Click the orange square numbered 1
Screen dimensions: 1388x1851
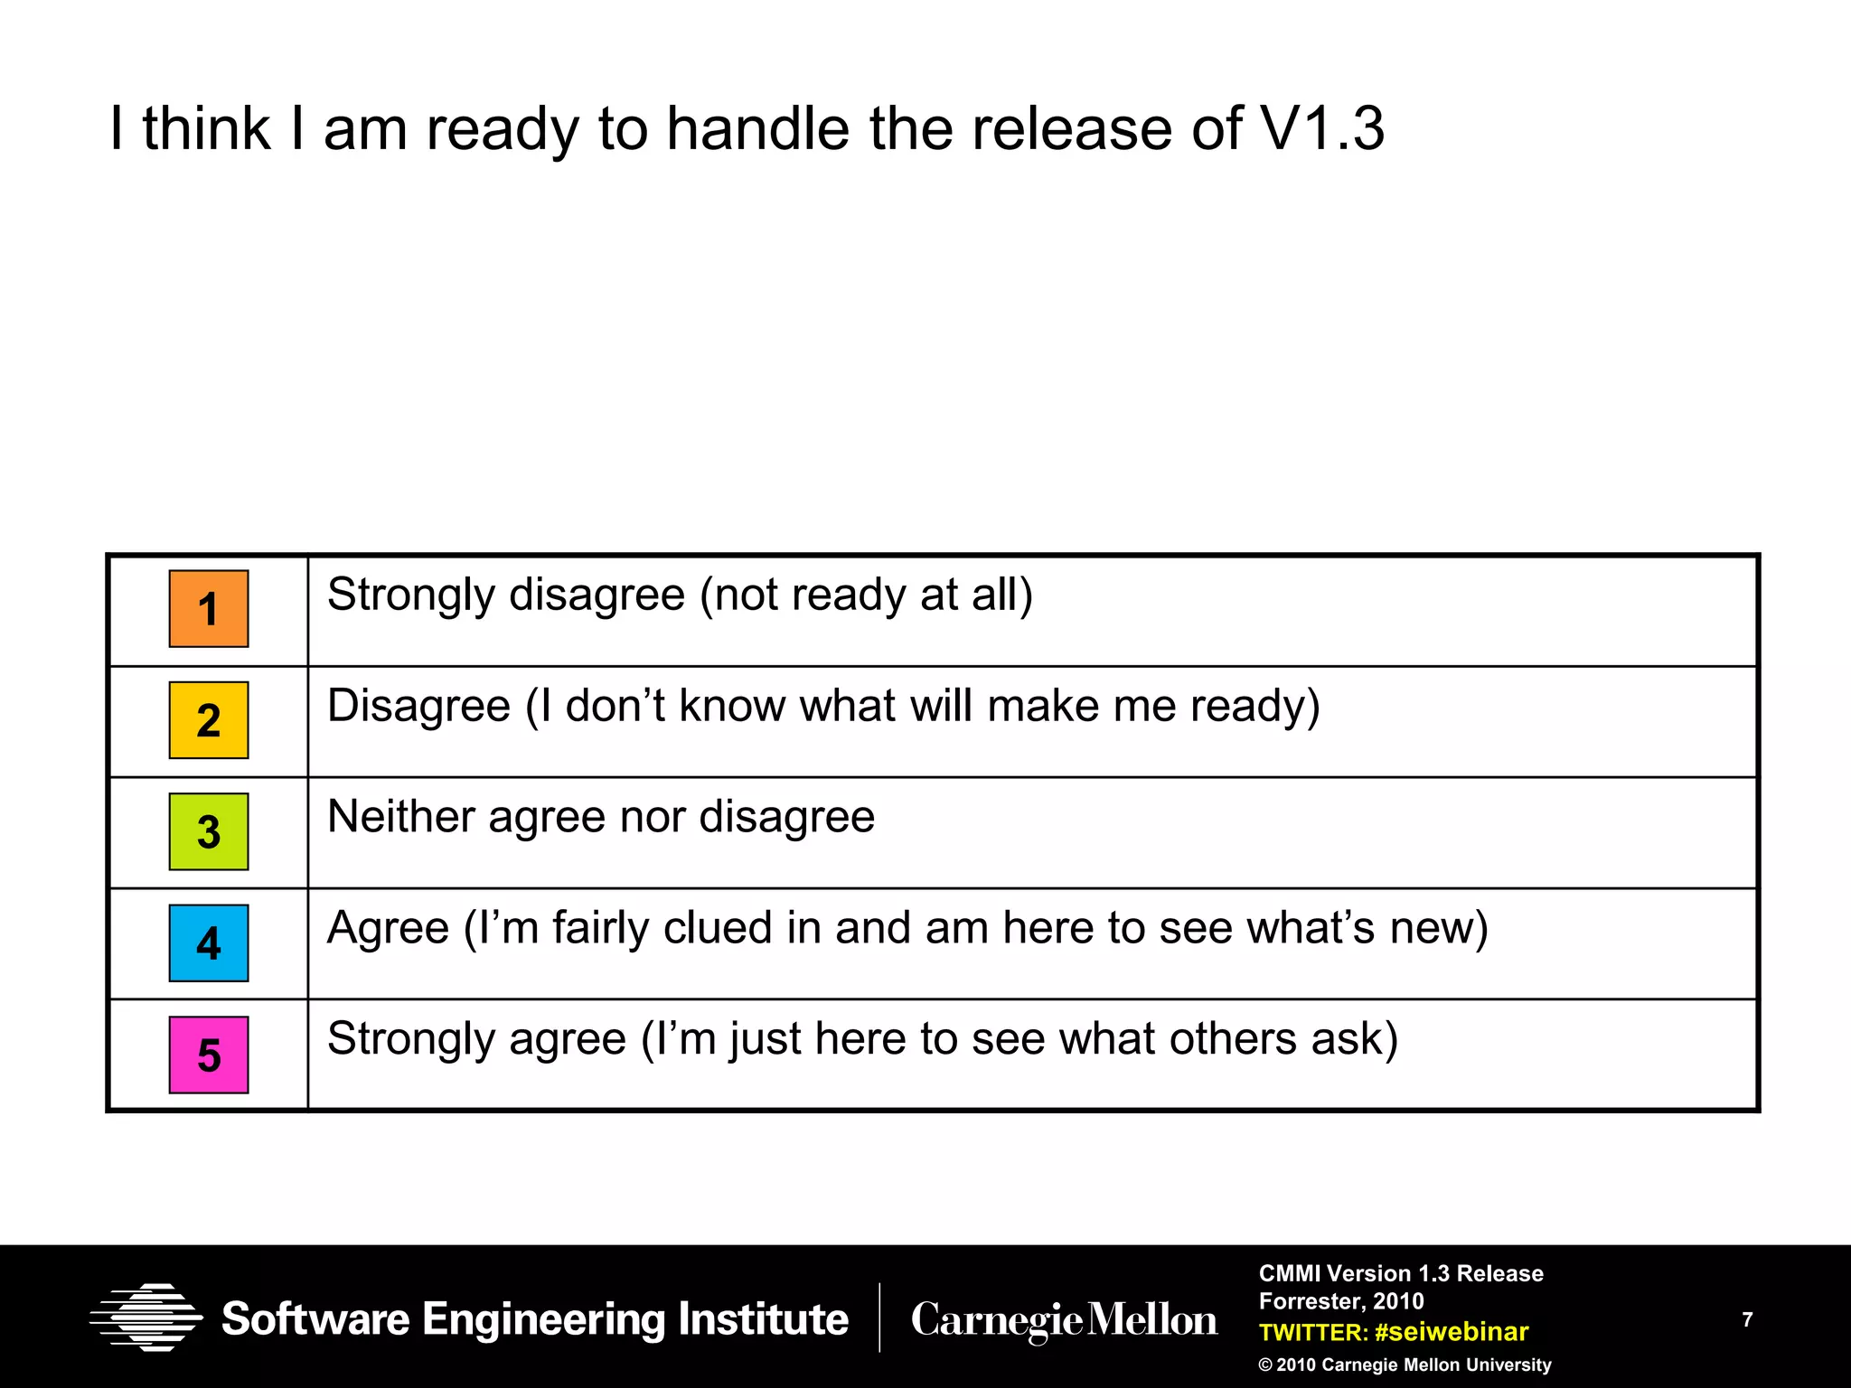tap(209, 609)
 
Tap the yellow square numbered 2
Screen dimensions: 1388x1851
tap(209, 720)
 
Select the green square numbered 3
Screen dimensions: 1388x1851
tap(209, 831)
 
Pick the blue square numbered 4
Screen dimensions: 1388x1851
tap(209, 943)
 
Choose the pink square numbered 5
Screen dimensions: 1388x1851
tap(209, 1055)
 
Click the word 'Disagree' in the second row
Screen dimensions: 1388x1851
tap(418, 706)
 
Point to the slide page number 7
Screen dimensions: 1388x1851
tap(1747, 1320)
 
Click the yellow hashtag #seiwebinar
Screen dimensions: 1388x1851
tap(1452, 1332)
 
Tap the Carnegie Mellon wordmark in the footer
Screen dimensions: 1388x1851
tap(1064, 1320)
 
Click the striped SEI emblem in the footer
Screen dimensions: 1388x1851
tap(146, 1318)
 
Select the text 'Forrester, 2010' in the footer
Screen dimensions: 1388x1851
tap(1341, 1301)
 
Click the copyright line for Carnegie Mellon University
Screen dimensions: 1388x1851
tap(1405, 1365)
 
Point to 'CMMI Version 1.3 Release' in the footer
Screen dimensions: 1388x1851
tap(1401, 1273)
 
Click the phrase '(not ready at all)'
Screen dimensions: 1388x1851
tap(866, 596)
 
